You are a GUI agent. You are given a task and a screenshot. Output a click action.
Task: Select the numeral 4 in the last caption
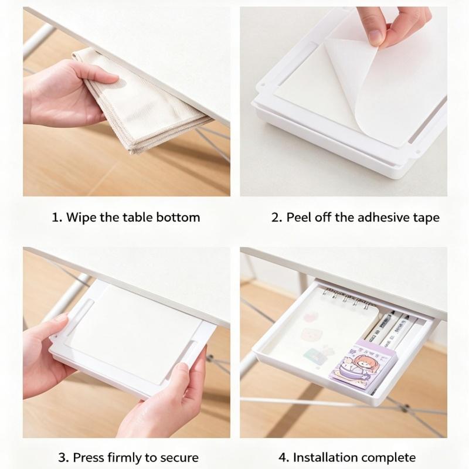tap(283, 458)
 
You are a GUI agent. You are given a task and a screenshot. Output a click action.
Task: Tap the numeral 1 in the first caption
tap(56, 217)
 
